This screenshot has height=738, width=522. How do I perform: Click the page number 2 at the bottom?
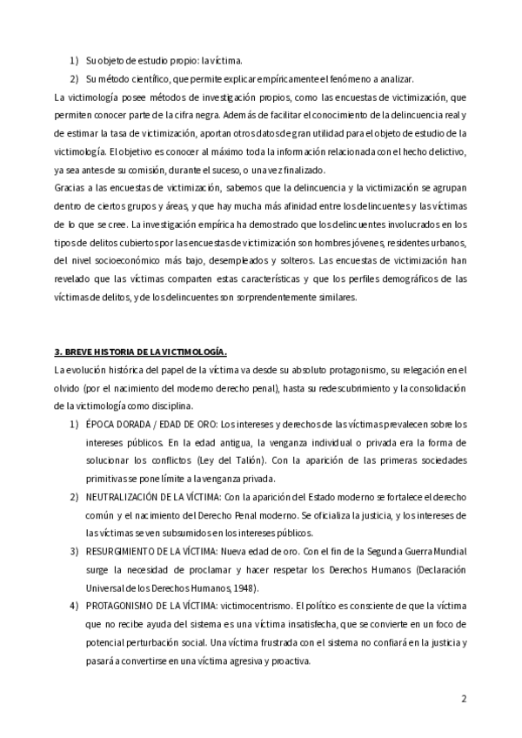(x=465, y=698)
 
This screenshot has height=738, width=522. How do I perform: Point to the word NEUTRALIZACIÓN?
(x=126, y=496)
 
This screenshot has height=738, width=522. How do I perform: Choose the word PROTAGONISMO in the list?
(x=125, y=606)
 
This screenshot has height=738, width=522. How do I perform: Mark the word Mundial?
(x=448, y=551)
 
